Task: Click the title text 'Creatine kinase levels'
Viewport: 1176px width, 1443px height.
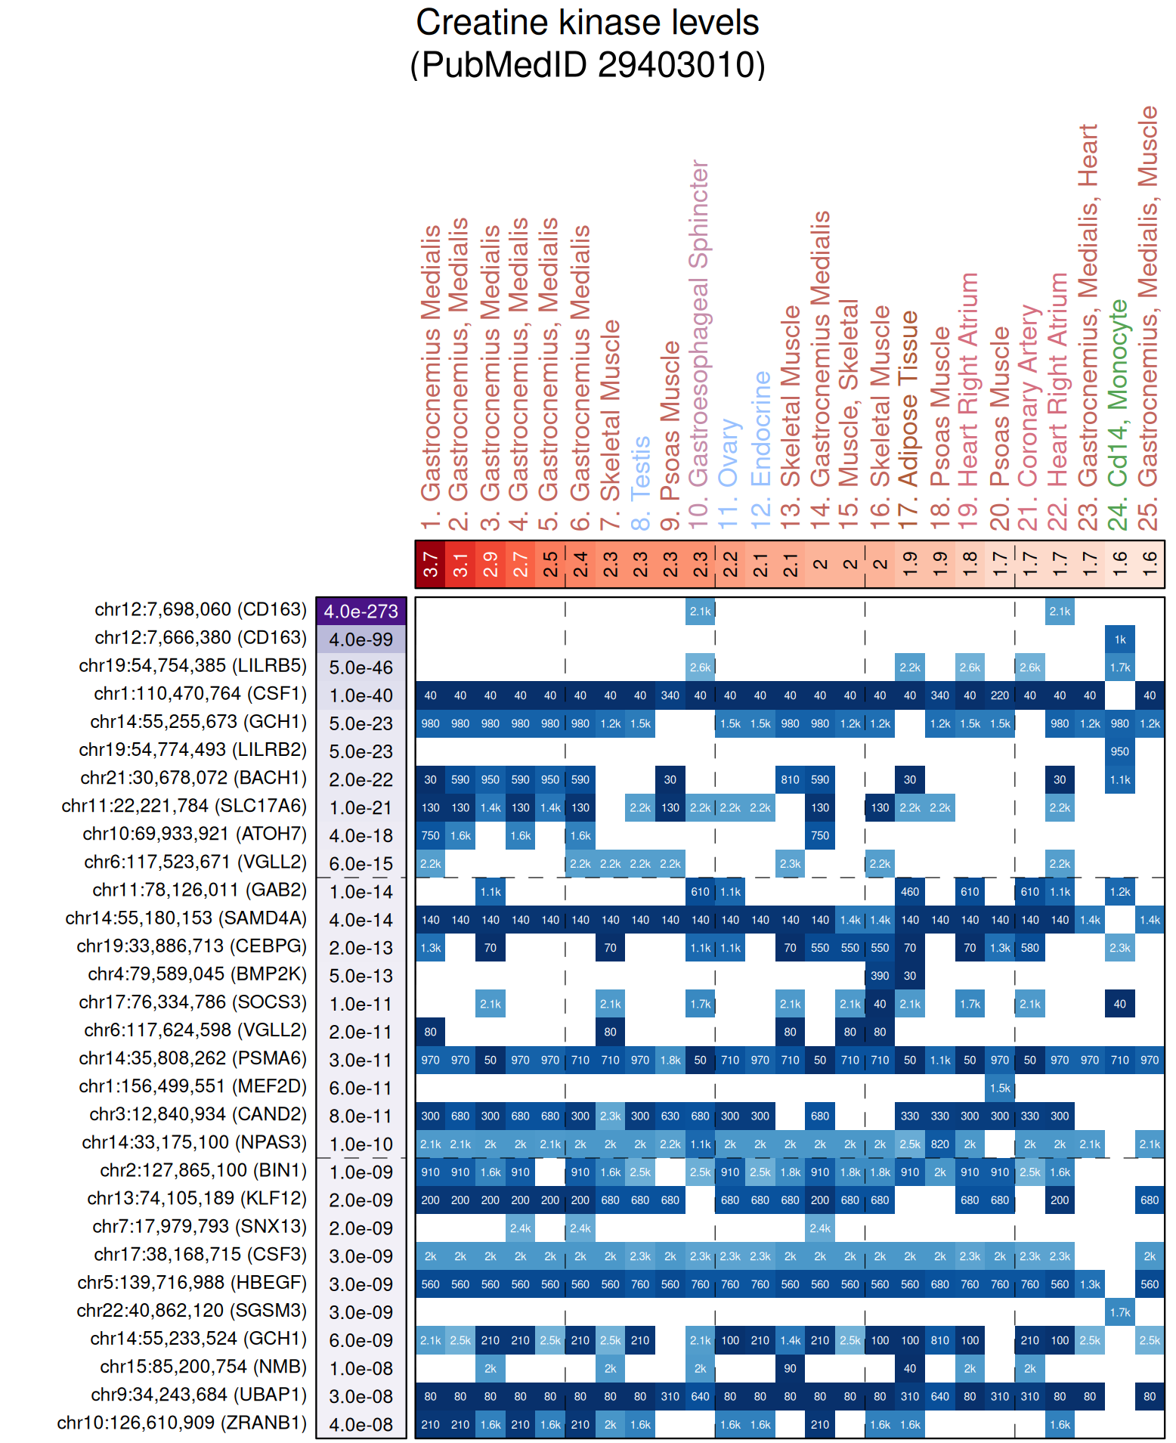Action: (x=587, y=23)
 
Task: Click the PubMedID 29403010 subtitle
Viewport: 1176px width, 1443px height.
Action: (x=587, y=65)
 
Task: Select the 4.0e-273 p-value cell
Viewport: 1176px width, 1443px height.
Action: (x=361, y=612)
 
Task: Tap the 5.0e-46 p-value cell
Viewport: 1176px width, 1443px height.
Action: (x=361, y=667)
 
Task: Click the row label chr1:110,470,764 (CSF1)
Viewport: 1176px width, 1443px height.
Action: (x=200, y=694)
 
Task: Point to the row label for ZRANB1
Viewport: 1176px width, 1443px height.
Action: (x=182, y=1423)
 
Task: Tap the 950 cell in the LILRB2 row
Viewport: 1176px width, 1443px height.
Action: (x=1119, y=751)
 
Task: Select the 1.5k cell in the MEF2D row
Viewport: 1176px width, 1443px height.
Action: (x=1000, y=1088)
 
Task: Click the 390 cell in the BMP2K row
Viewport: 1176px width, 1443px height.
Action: (x=880, y=976)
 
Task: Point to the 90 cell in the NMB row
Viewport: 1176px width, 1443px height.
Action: (x=790, y=1368)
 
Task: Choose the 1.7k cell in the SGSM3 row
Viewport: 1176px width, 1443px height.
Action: (x=1119, y=1312)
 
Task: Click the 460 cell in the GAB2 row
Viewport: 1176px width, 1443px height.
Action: (x=909, y=892)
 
